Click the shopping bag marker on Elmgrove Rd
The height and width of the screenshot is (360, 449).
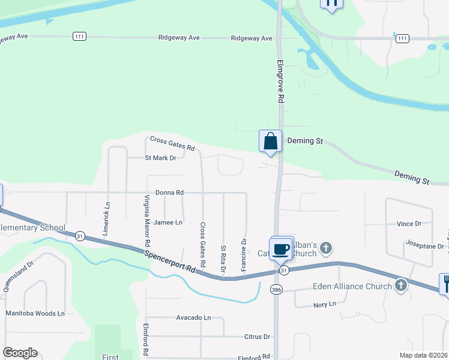(x=271, y=142)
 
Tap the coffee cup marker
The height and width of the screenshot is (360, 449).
(x=281, y=248)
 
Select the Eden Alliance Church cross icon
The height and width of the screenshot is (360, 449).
(x=400, y=286)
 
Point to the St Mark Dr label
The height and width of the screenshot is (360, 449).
(x=160, y=158)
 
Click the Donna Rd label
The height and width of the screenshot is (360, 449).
(x=169, y=193)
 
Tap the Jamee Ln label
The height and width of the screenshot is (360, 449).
(x=168, y=223)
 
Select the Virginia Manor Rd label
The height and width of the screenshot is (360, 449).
(x=146, y=221)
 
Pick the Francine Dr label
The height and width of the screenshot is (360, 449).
(x=244, y=255)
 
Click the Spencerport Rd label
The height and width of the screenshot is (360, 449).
(x=170, y=261)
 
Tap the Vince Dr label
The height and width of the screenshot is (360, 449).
(x=409, y=224)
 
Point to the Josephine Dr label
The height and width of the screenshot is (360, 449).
(x=424, y=246)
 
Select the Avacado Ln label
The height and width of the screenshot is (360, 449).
(x=194, y=317)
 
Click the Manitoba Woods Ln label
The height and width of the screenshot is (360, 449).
(x=35, y=313)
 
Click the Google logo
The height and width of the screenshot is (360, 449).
(x=20, y=353)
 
